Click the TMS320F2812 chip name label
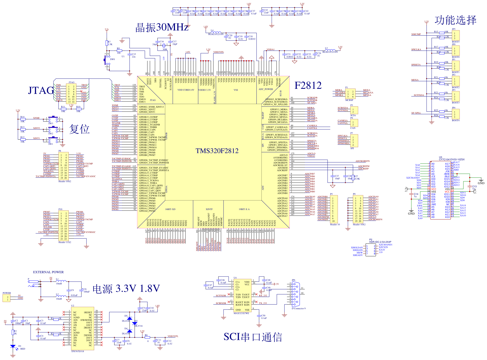coord(217,151)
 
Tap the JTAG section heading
coord(41,90)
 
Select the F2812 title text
coord(308,85)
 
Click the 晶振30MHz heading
coord(162,27)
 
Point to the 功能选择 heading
coord(456,20)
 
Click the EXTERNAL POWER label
coord(48,272)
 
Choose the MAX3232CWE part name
coord(241,313)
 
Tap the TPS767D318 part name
coord(77,351)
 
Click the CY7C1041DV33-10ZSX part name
coord(452,160)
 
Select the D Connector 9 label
coord(298,308)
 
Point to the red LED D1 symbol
coord(13,346)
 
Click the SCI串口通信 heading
coord(253,337)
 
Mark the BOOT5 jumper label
coord(456,42)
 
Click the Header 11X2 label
coord(65,242)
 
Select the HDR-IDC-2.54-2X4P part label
coord(380,242)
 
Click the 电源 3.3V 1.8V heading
coord(126,288)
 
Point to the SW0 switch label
coord(112,59)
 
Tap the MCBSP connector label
coord(349,100)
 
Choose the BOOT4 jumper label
coord(456,121)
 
